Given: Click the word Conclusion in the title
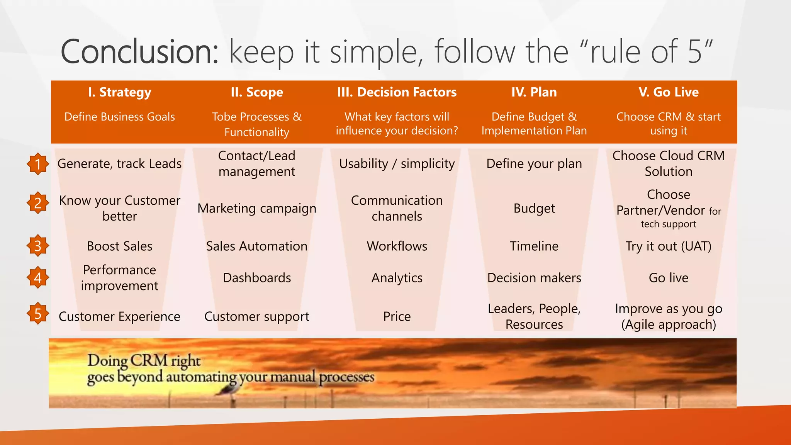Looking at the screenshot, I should pyautogui.click(x=140, y=52).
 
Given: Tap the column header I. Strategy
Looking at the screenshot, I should pyautogui.click(x=119, y=92).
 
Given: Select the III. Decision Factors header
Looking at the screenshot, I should pyautogui.click(x=397, y=92).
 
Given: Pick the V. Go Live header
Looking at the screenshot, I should pyautogui.click(x=668, y=92).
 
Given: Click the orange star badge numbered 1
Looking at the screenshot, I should pyautogui.click(x=38, y=164).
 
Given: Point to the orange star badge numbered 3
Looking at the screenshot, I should pyautogui.click(x=38, y=246).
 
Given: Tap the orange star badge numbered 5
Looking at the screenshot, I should pyautogui.click(x=38, y=313).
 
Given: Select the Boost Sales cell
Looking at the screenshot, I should pyautogui.click(x=119, y=246).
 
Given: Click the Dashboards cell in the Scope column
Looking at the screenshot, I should pyautogui.click(x=257, y=278).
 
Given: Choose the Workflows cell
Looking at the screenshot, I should pyautogui.click(x=397, y=246).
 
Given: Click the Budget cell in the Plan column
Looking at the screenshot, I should pyautogui.click(x=534, y=209).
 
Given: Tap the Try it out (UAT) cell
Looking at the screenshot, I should pyautogui.click(x=668, y=246).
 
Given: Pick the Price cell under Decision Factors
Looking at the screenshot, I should pyautogui.click(x=397, y=316).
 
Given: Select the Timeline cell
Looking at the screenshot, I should pyautogui.click(x=534, y=246).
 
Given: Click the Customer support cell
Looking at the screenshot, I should pyautogui.click(x=257, y=316).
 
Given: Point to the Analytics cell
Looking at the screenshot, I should pyautogui.click(x=397, y=278).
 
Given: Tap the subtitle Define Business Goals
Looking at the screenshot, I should pyautogui.click(x=119, y=117).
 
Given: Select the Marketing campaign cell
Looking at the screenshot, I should pyautogui.click(x=257, y=209).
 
